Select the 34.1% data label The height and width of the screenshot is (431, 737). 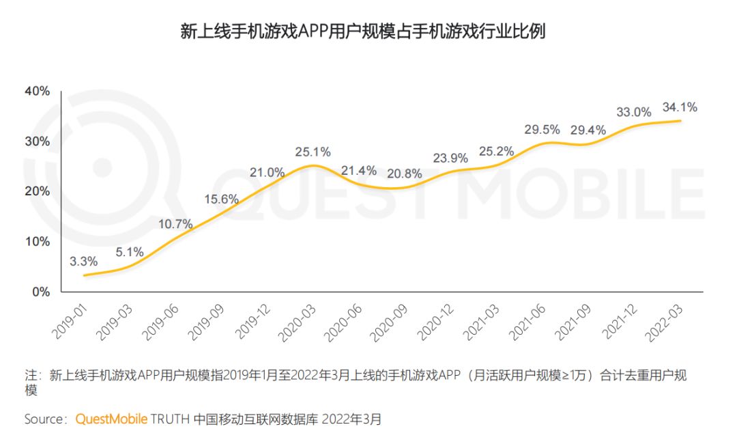tap(679, 107)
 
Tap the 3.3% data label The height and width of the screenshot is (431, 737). tap(84, 261)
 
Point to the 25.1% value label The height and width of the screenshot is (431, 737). tap(313, 152)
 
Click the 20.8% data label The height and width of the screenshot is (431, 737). tap(403, 173)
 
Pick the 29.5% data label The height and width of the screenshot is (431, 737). tap(542, 129)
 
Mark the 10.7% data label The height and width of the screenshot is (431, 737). tap(175, 224)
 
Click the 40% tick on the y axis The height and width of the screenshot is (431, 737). tap(37, 92)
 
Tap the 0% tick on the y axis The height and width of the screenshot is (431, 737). tap(41, 292)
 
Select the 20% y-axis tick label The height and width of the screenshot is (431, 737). tap(37, 191)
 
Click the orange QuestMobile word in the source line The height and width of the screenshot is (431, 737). tap(111, 417)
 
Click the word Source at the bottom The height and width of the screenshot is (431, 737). tap(45, 417)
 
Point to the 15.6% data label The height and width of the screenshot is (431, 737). tap(221, 199)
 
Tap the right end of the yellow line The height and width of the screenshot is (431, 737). tap(680, 121)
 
